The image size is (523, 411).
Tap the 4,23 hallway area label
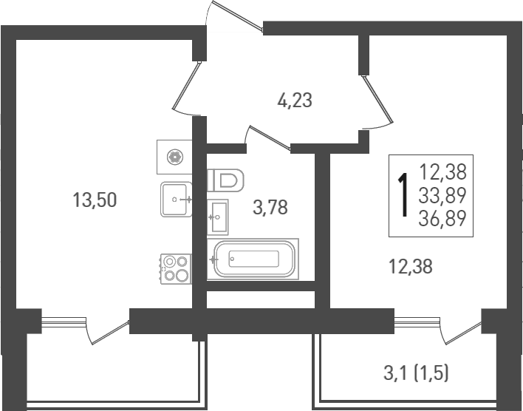(295, 100)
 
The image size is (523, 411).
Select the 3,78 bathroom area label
(270, 207)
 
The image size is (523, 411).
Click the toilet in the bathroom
(227, 180)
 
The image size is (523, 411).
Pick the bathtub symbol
(253, 258)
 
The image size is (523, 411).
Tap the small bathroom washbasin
(219, 217)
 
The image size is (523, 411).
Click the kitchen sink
(177, 199)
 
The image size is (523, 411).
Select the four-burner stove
(175, 268)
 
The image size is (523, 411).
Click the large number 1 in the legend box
(403, 195)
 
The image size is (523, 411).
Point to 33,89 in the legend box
(443, 195)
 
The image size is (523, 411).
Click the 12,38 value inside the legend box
(443, 172)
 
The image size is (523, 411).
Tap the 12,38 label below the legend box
(410, 266)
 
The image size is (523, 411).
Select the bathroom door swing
(267, 138)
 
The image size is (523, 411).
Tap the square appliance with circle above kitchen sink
(174, 156)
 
